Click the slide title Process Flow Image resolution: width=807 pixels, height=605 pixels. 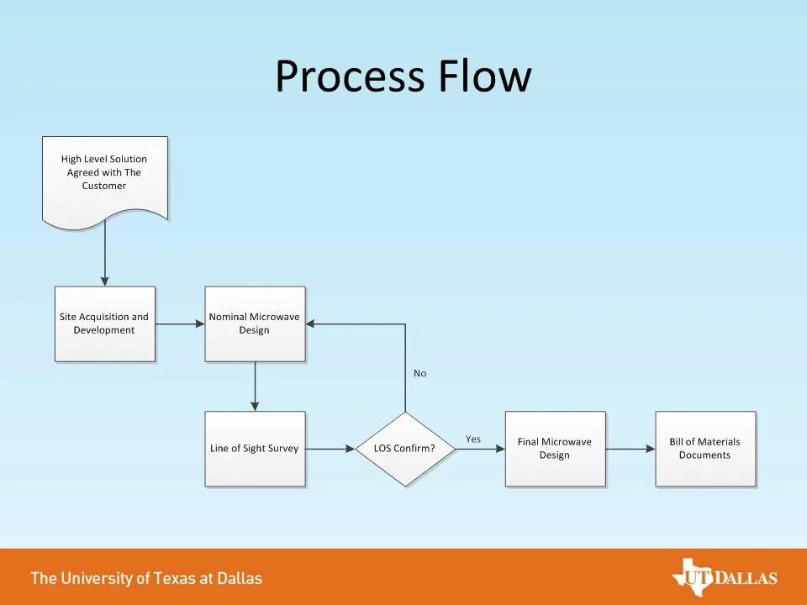click(x=403, y=76)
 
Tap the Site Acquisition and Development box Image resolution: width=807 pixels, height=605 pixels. click(x=105, y=324)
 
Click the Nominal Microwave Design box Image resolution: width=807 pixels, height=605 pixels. click(x=255, y=324)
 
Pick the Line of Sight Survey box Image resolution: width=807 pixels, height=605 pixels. click(x=255, y=449)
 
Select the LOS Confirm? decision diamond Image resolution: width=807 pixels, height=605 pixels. click(x=405, y=449)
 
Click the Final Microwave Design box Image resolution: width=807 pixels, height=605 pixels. click(x=555, y=449)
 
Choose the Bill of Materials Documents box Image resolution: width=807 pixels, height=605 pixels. click(x=705, y=449)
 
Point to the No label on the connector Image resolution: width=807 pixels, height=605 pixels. click(x=419, y=373)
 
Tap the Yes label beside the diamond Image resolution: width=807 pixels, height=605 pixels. click(x=473, y=439)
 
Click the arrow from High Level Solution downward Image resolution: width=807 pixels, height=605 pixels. click(x=105, y=256)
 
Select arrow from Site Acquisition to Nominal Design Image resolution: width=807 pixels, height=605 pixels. click(x=180, y=324)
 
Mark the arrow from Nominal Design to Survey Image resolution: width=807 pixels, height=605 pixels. click(x=255, y=387)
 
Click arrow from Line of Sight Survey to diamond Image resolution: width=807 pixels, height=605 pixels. click(x=330, y=449)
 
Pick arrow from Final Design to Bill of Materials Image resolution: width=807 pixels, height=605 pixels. click(x=630, y=449)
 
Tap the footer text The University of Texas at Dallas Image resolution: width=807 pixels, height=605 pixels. click(x=146, y=578)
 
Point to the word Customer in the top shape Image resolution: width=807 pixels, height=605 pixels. click(x=104, y=186)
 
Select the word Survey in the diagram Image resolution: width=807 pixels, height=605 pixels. click(x=282, y=449)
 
